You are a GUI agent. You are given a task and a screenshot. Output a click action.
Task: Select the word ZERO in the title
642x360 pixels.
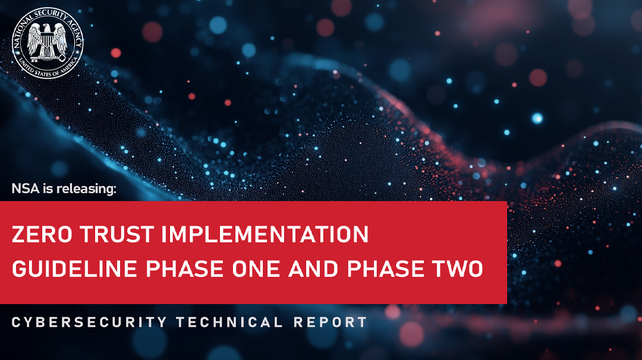pyautogui.click(x=37, y=234)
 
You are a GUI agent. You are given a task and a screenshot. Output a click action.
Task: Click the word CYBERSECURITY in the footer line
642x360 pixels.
pyautogui.click(x=90, y=323)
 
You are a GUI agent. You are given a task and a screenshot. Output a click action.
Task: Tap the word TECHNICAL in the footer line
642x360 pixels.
pyautogui.click(x=229, y=323)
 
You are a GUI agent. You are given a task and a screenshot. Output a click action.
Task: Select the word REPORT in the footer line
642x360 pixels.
pyautogui.click(x=331, y=323)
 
